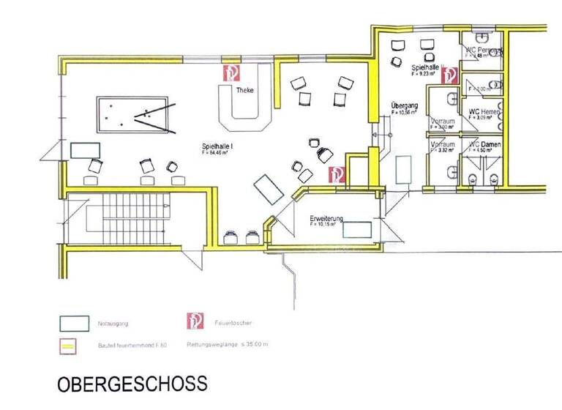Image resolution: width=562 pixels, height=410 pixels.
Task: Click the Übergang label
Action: (x=403, y=105)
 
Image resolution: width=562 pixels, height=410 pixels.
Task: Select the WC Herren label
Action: (x=484, y=111)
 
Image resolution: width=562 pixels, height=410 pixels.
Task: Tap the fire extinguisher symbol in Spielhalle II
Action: (x=449, y=75)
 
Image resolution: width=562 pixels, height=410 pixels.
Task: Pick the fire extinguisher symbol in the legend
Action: (x=195, y=321)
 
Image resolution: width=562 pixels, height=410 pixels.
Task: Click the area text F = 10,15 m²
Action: (x=324, y=225)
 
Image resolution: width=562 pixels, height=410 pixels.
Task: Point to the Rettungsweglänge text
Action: (x=230, y=343)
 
